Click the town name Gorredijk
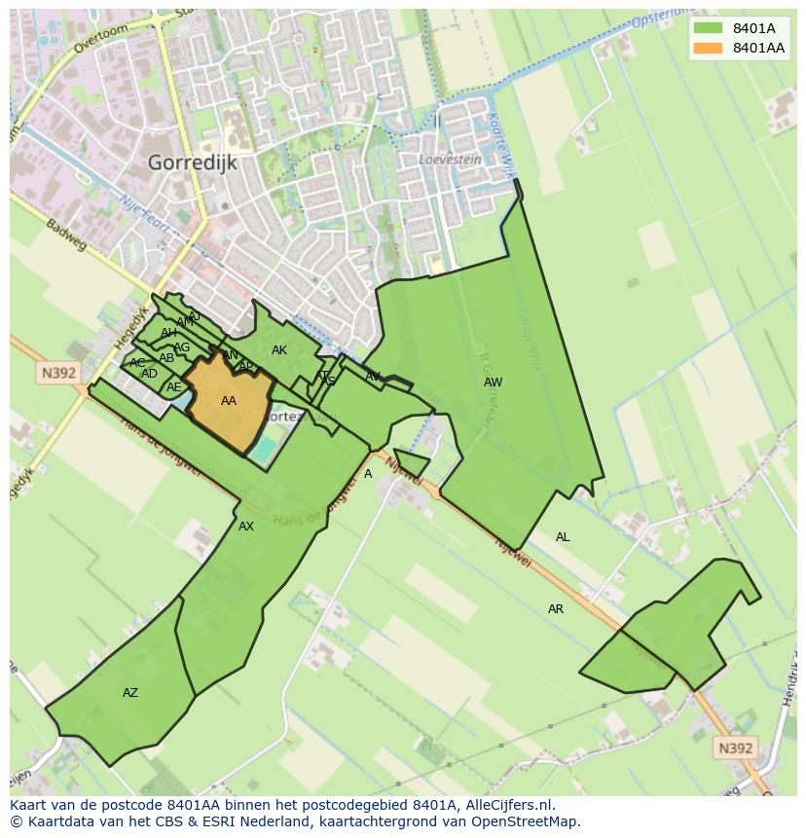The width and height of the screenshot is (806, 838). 193,163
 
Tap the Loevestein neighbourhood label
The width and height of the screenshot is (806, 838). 449,159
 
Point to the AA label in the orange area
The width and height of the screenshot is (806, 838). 229,401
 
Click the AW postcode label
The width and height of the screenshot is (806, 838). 494,383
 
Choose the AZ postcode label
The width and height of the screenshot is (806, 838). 130,693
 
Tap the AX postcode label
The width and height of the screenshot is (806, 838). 246,527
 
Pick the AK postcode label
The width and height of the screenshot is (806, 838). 279,350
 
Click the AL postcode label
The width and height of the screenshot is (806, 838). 563,537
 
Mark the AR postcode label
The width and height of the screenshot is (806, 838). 556,609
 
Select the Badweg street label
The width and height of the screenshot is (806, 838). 66,234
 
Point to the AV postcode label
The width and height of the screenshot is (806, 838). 373,377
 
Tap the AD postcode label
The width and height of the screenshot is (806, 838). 149,374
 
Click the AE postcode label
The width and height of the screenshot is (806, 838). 174,387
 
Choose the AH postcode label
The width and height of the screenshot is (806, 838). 169,333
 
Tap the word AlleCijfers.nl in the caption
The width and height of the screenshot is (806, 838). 508,805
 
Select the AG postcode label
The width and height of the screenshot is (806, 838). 182,347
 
